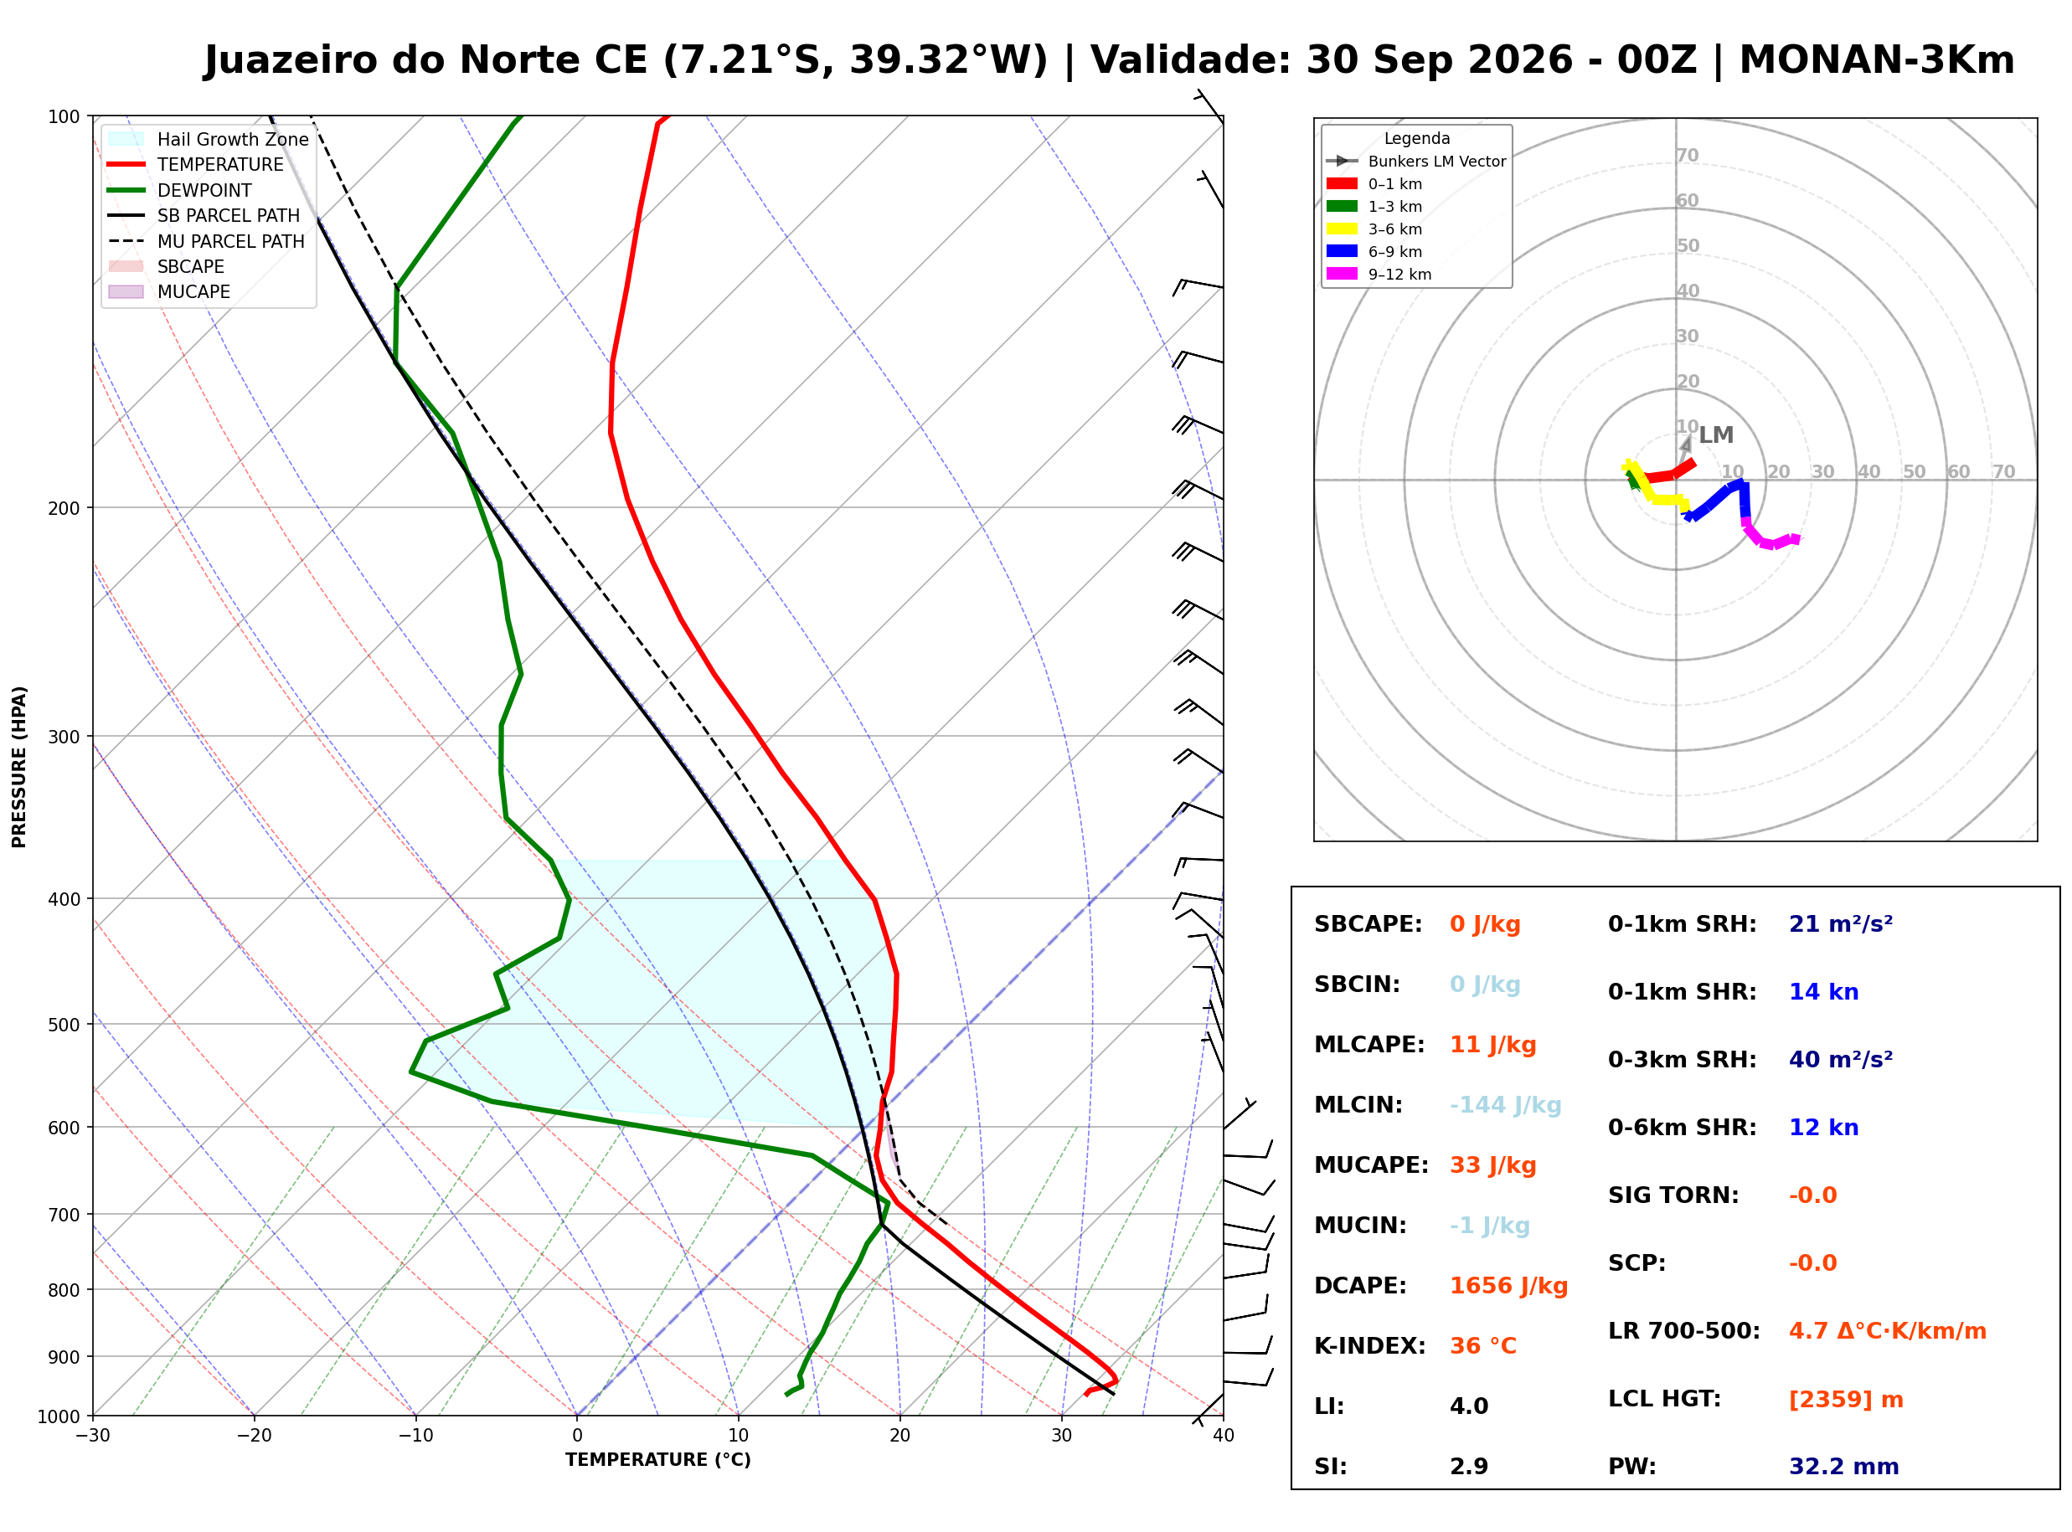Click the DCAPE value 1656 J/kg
pyautogui.click(x=1508, y=1286)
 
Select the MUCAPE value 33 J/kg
pyautogui.click(x=1492, y=1165)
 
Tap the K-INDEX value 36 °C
pyautogui.click(x=1482, y=1346)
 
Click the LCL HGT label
pyautogui.click(x=1664, y=1400)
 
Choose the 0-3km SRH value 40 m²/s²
pyautogui.click(x=1840, y=1060)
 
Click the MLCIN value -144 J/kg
pyautogui.click(x=1505, y=1105)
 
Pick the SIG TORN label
pyautogui.click(x=1673, y=1195)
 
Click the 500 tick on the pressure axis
pyautogui.click(x=63, y=1025)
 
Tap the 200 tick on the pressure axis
pyautogui.click(x=63, y=508)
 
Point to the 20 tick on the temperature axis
pyautogui.click(x=899, y=1436)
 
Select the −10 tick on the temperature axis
pyautogui.click(x=415, y=1436)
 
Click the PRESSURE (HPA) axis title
pyautogui.click(x=18, y=767)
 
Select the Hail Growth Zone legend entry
pyautogui.click(x=209, y=139)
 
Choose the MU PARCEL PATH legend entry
pyautogui.click(x=206, y=241)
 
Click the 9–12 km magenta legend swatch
pyautogui.click(x=1341, y=274)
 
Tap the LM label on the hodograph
pyautogui.click(x=1716, y=435)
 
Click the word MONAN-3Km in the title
pyautogui.click(x=1876, y=60)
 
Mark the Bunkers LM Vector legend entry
pyautogui.click(x=1415, y=162)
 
